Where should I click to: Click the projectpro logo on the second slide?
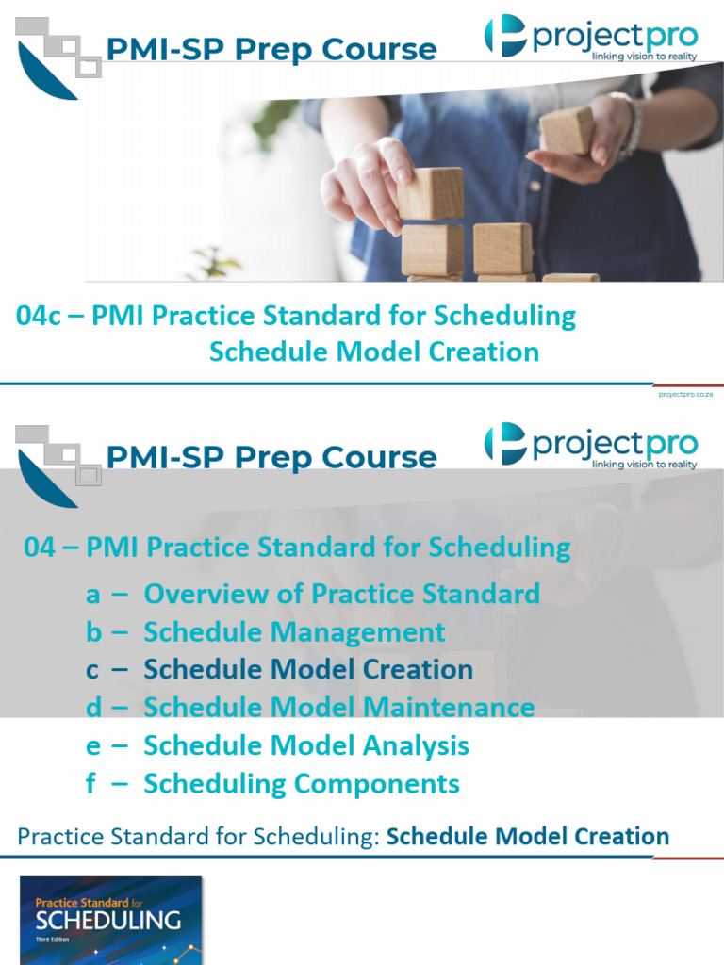(x=591, y=445)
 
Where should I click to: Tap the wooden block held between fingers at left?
(x=430, y=193)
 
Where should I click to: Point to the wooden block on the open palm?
(x=567, y=130)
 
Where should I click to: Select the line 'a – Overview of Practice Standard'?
(x=312, y=594)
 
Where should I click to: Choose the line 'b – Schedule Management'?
(x=265, y=631)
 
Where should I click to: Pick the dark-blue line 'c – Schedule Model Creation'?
(x=279, y=670)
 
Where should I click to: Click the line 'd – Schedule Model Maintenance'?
(x=310, y=707)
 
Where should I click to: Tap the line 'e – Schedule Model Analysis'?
(x=277, y=746)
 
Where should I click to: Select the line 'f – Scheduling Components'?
(x=272, y=784)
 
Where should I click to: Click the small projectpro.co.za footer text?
(x=685, y=394)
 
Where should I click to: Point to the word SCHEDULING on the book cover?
(x=107, y=920)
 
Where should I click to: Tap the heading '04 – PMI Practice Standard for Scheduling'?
(x=297, y=548)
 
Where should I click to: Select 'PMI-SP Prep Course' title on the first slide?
(x=271, y=49)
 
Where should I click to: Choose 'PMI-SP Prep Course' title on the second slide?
(x=271, y=457)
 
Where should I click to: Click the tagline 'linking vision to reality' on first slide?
(x=644, y=57)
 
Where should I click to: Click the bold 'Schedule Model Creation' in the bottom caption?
(x=528, y=836)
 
